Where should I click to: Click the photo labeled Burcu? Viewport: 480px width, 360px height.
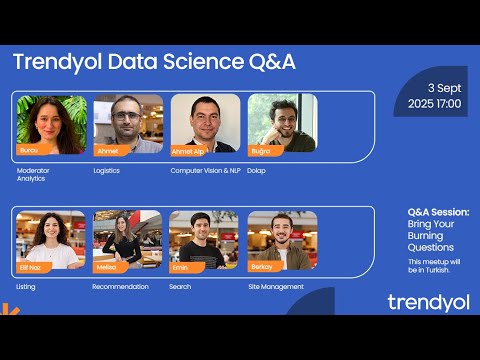pos(51,124)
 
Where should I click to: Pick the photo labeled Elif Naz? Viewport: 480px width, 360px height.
pos(51,240)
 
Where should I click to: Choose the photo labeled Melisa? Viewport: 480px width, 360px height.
pos(128,240)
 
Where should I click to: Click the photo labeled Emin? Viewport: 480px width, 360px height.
pos(205,240)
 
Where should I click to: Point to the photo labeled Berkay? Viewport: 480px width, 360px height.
pos(282,240)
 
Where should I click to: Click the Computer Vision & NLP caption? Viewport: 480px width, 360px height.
pos(205,170)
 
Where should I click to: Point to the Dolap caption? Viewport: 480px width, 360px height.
pos(258,170)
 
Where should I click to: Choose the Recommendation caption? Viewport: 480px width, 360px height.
pos(120,286)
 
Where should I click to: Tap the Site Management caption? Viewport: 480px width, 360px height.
pos(276,286)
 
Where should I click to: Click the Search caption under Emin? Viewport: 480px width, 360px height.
pos(181,286)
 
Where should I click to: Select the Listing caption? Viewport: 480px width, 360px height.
pos(26,286)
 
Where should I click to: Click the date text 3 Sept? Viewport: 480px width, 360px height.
pos(441,88)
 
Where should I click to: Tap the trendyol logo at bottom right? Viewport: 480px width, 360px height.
pos(428,302)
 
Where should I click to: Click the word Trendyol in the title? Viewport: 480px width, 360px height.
pos(53,62)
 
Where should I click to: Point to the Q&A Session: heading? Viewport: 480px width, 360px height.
pos(438,212)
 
